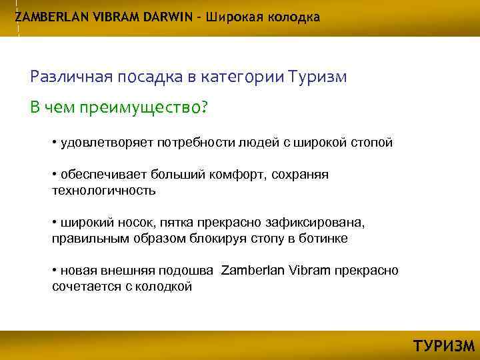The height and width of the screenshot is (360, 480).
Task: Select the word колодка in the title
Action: [x=294, y=17]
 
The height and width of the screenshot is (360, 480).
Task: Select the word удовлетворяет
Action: [x=99, y=142]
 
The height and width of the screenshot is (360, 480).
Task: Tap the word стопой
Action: [x=374, y=142]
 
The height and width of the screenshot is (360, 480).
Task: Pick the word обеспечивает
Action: [x=97, y=175]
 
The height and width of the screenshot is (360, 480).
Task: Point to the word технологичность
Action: [x=103, y=191]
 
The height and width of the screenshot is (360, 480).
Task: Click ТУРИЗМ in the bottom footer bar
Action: [x=444, y=346]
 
